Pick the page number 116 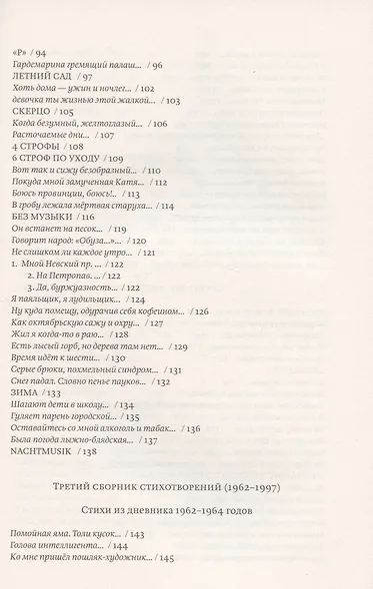88,217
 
